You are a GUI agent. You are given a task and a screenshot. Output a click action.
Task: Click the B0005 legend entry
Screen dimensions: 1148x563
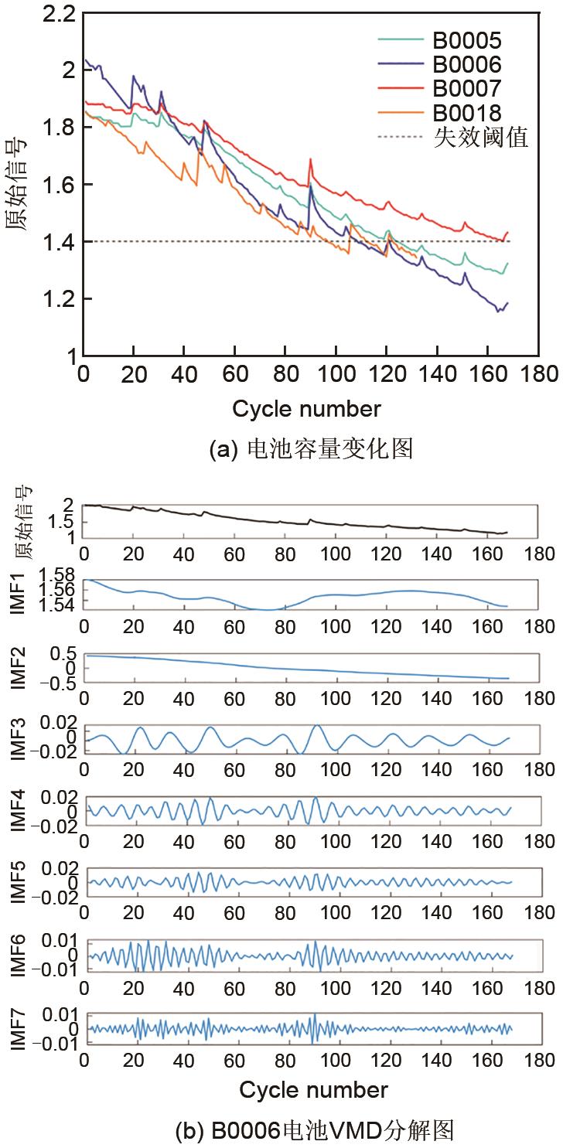click(x=466, y=39)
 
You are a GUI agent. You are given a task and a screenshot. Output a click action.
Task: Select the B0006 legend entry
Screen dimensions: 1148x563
click(x=466, y=63)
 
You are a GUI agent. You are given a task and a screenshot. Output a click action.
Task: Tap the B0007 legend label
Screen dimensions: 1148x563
click(x=466, y=87)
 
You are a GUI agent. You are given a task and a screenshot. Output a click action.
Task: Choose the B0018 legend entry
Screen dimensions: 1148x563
click(x=466, y=112)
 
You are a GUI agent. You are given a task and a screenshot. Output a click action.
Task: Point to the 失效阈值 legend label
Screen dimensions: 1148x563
click(x=480, y=137)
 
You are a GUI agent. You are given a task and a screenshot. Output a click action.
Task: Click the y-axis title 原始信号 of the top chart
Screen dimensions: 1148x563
click(x=19, y=184)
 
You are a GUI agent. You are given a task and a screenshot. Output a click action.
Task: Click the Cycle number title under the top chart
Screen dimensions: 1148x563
click(x=306, y=407)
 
